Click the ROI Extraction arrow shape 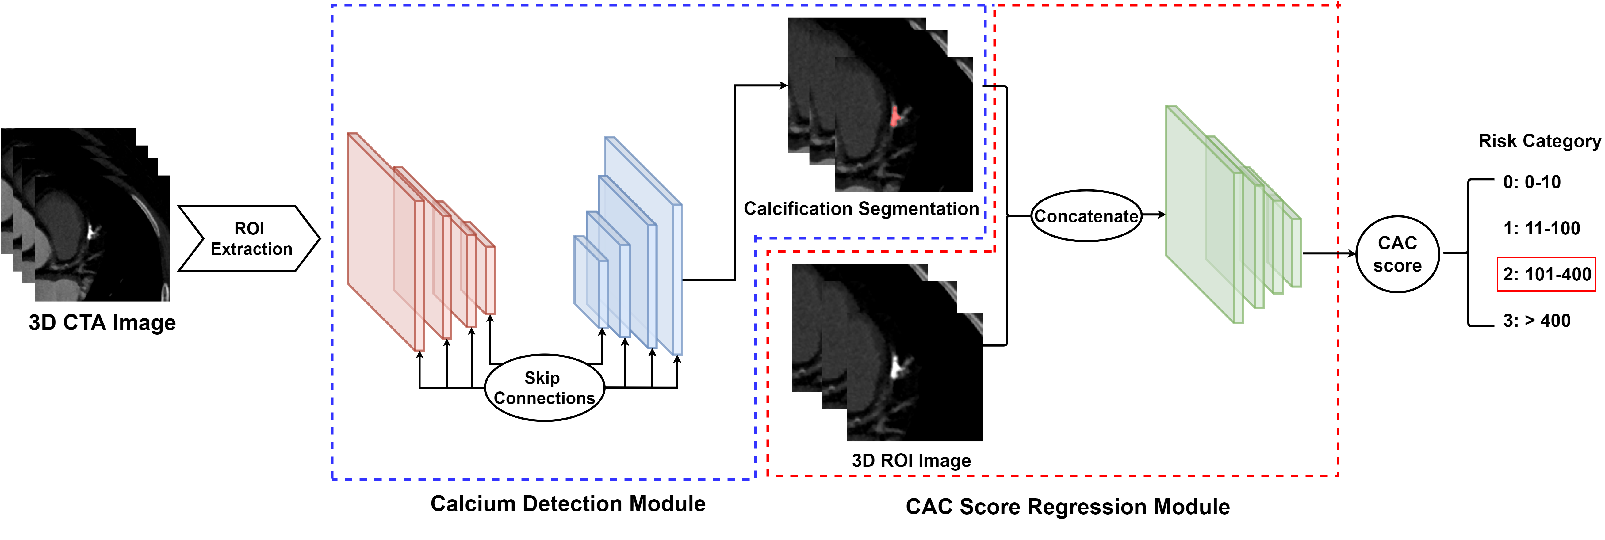click(x=249, y=238)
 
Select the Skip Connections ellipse click(x=544, y=387)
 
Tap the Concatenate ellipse click(x=1086, y=215)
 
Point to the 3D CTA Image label click(x=102, y=323)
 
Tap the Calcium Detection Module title click(x=568, y=503)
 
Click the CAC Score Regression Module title click(x=1067, y=506)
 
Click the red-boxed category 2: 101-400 click(x=1546, y=274)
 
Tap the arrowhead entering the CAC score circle click(x=1352, y=253)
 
